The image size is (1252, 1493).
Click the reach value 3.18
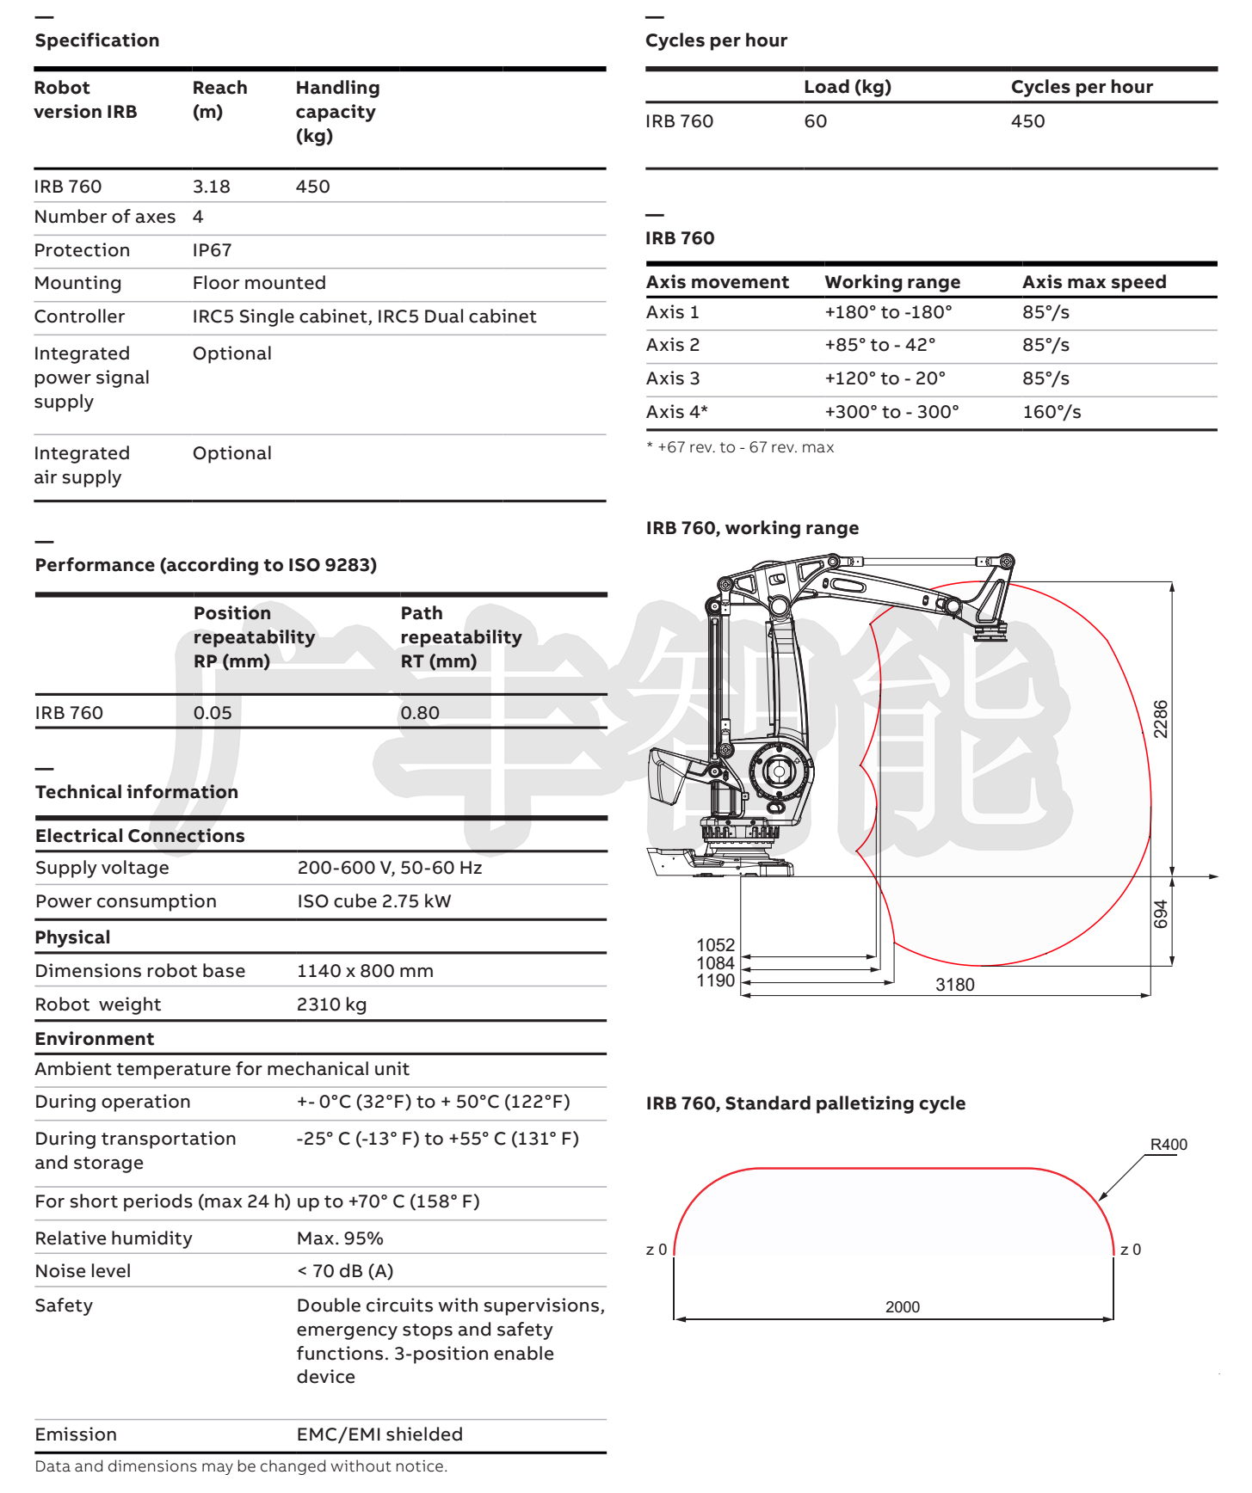click(x=211, y=187)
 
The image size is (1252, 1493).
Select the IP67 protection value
click(x=212, y=250)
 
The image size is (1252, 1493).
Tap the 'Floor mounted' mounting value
click(x=259, y=283)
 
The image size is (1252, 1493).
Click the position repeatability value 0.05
click(x=213, y=713)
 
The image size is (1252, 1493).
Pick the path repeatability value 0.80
click(x=420, y=713)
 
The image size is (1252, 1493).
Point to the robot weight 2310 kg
click(x=331, y=1005)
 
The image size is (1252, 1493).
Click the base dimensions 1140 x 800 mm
click(x=365, y=971)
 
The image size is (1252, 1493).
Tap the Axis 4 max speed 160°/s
click(x=1052, y=412)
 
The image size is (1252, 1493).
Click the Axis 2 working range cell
click(x=879, y=345)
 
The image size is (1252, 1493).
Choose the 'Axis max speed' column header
click(x=1094, y=282)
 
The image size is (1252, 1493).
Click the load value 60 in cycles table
click(x=815, y=121)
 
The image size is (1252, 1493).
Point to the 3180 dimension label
click(x=954, y=985)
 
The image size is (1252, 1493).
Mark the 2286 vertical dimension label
click(x=1161, y=719)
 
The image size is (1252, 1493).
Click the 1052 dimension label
click(x=715, y=945)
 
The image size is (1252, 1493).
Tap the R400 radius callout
click(x=1169, y=1145)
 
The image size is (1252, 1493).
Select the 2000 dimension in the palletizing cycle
click(x=902, y=1307)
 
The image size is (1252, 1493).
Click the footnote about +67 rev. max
click(x=740, y=447)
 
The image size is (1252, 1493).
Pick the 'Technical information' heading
click(x=137, y=792)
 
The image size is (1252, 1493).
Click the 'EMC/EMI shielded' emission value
click(x=379, y=1435)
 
